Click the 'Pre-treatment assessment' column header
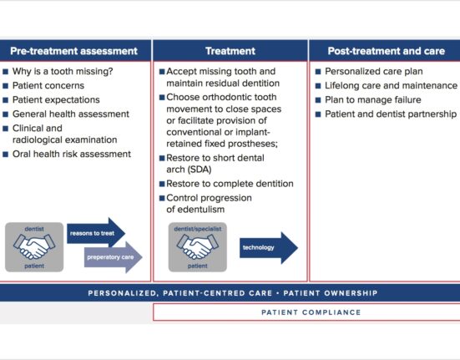click(74, 51)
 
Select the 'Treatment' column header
click(230, 51)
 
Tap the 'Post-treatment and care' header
click(386, 51)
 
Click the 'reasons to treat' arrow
click(96, 233)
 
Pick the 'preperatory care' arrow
click(114, 257)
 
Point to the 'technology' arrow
click(269, 247)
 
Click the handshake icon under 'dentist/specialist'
click(197, 247)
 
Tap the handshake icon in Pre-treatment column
click(34, 247)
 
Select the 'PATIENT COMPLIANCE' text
click(311, 312)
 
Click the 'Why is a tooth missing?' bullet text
click(63, 71)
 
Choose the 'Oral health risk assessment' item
click(72, 154)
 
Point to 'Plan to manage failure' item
click(373, 99)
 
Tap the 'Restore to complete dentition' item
click(230, 184)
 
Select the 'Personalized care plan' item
click(374, 71)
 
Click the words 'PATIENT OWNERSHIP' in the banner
click(331, 293)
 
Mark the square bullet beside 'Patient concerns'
click(6, 86)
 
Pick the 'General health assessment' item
click(71, 114)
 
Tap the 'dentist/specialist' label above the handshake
click(197, 229)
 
